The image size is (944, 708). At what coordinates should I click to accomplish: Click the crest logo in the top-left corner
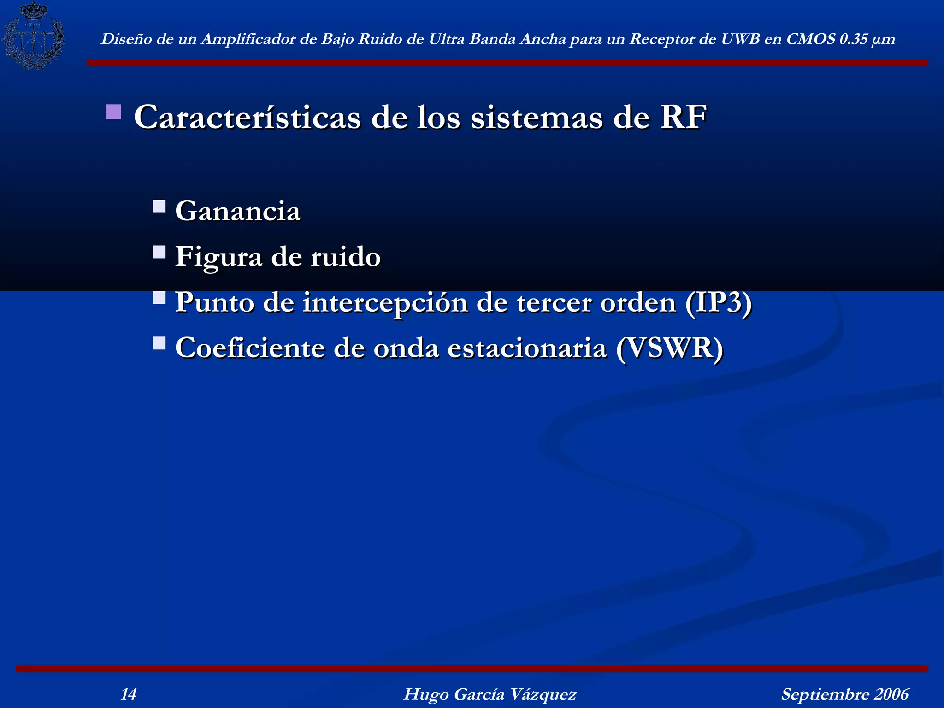(33, 35)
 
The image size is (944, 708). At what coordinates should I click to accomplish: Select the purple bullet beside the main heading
(113, 112)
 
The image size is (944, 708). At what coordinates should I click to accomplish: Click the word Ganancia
(238, 211)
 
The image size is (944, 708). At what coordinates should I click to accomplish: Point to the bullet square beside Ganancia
(159, 206)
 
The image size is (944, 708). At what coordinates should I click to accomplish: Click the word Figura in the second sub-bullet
(218, 257)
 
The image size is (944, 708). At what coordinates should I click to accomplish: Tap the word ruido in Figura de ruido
(346, 257)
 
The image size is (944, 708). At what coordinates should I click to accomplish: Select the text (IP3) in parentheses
(719, 302)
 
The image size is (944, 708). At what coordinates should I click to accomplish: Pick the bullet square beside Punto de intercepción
(159, 297)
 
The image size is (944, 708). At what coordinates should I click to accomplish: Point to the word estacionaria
(527, 348)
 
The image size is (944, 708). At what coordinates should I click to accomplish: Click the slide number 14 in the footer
(128, 694)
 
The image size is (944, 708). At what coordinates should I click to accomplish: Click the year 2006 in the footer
(891, 694)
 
